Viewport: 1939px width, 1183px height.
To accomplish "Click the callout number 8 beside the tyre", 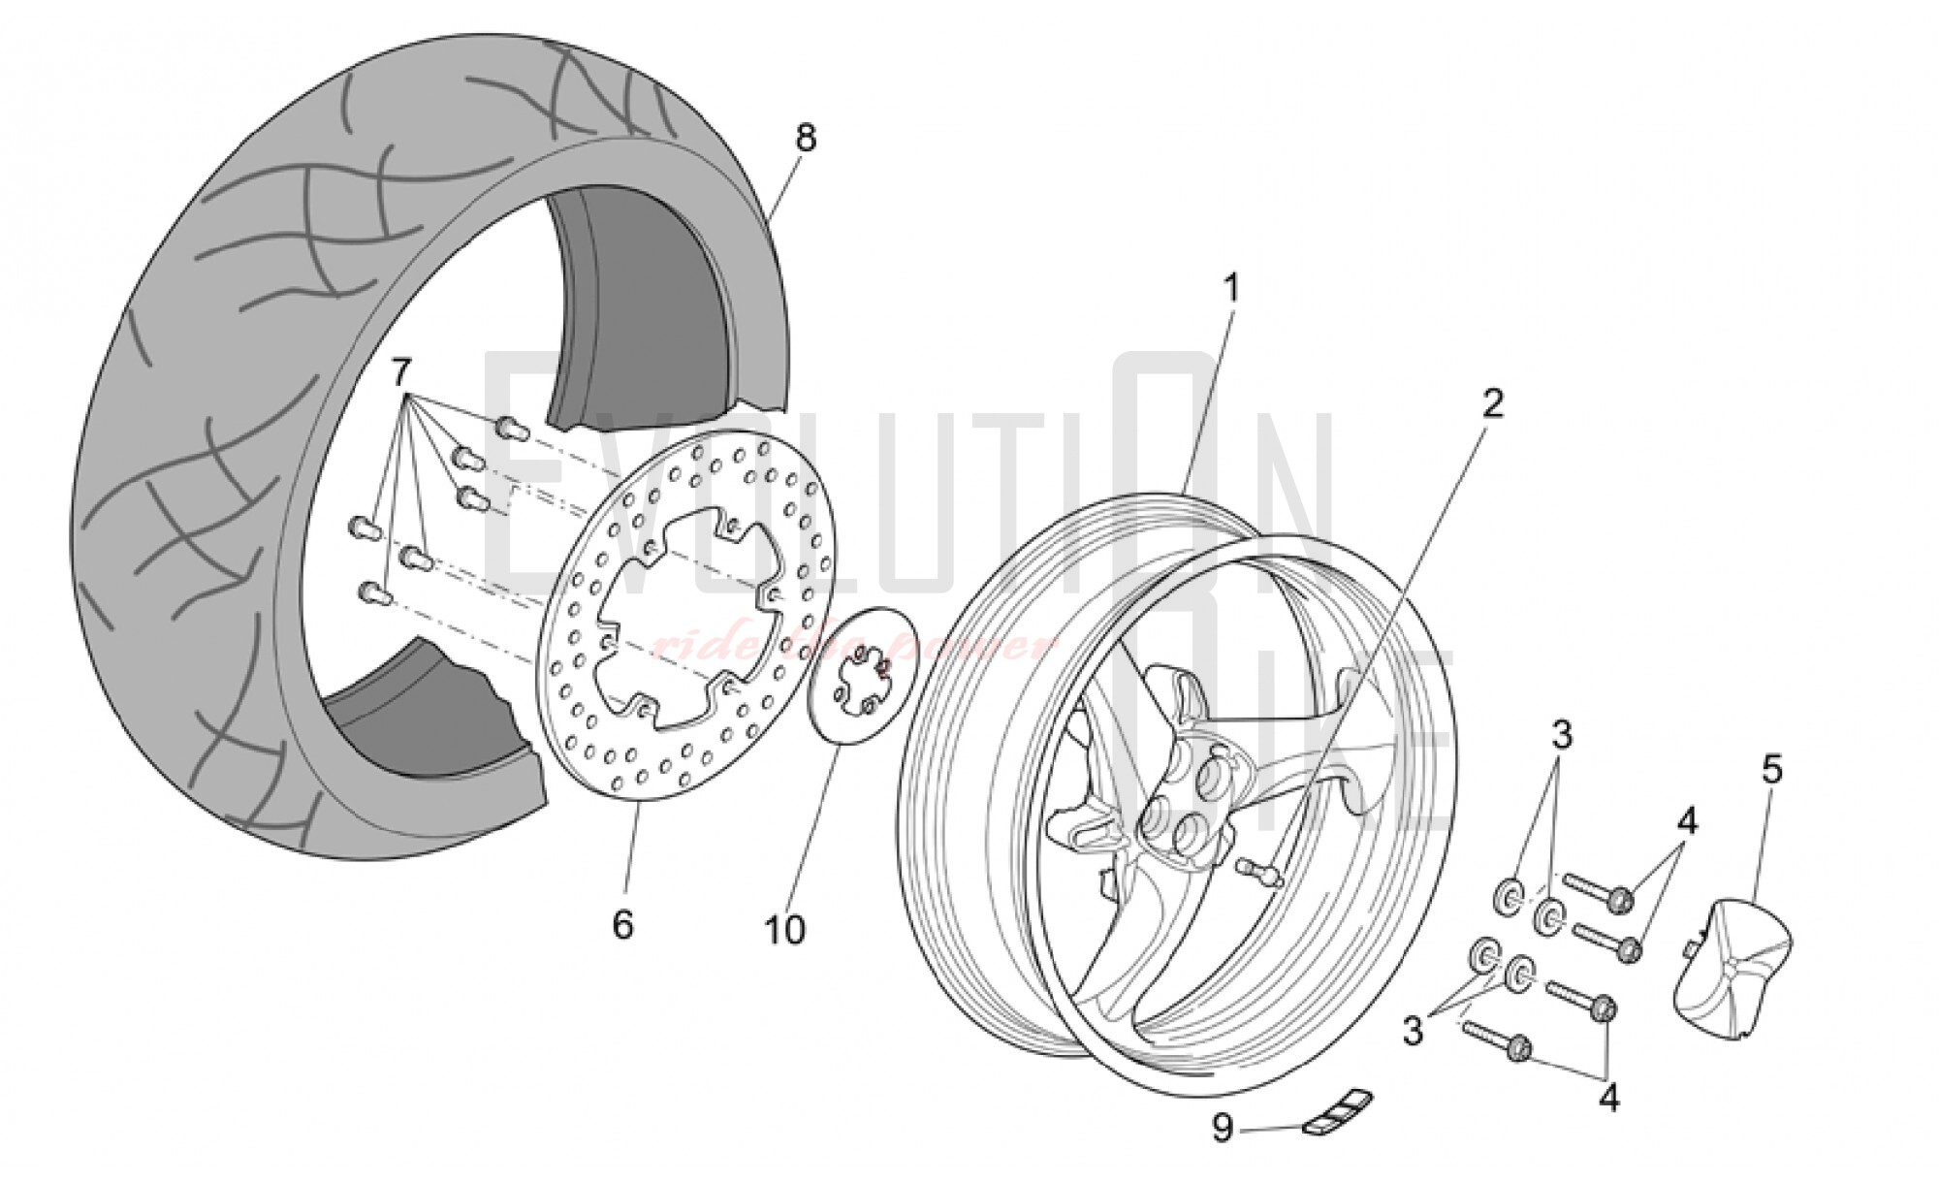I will point(806,139).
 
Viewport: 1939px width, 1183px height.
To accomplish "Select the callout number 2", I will point(1492,402).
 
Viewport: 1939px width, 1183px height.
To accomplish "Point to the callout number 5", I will point(1771,770).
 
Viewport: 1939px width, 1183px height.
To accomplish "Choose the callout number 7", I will point(401,371).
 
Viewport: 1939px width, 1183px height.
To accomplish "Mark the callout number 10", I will point(784,931).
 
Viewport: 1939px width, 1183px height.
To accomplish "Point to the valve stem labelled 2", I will point(1259,873).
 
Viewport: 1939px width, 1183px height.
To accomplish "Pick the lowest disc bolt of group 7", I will point(373,591).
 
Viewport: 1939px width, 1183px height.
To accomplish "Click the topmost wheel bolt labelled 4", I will point(1600,896).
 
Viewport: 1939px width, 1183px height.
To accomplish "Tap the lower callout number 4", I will point(1608,1099).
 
